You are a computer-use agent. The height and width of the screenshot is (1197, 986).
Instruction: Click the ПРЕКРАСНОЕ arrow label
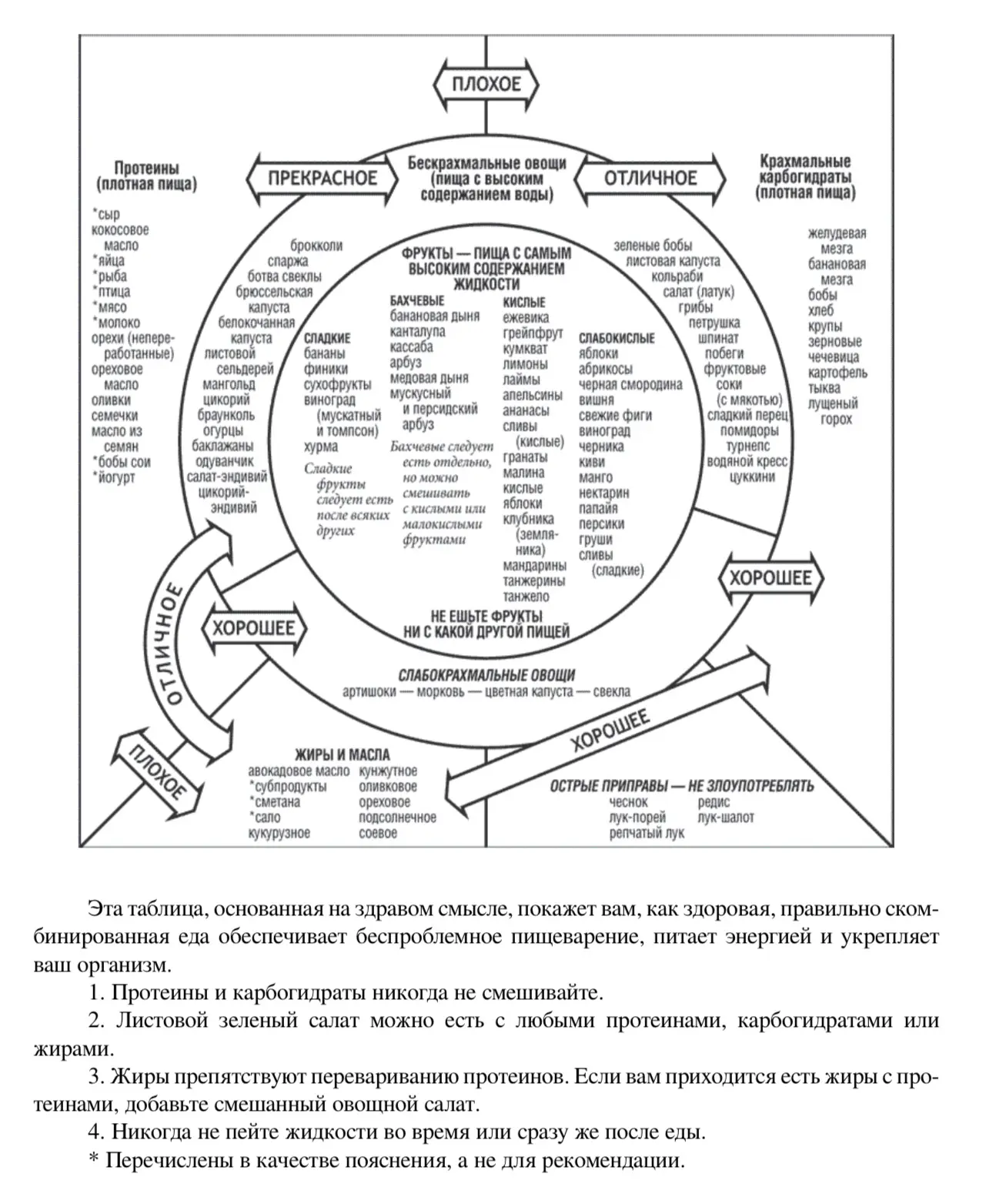click(323, 179)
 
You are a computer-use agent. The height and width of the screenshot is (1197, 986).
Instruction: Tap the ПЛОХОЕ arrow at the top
click(486, 84)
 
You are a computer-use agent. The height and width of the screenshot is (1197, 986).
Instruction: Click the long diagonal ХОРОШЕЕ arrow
click(609, 731)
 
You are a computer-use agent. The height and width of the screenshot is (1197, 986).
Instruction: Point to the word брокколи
click(317, 246)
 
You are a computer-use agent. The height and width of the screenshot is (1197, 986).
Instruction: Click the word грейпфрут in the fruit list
click(533, 333)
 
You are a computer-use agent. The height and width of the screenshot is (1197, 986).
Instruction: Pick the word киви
click(591, 462)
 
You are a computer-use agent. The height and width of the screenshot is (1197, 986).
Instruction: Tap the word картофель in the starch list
click(837, 373)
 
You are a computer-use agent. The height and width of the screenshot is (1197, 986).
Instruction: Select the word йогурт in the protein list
click(117, 477)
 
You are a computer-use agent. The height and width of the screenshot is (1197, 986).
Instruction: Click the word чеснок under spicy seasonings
click(628, 802)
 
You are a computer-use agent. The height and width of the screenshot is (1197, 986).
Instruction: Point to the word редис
click(714, 802)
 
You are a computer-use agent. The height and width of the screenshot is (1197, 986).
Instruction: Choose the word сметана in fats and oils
click(277, 802)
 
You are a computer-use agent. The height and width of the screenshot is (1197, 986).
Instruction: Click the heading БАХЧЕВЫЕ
click(417, 300)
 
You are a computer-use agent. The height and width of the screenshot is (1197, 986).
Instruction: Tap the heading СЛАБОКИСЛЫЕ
click(617, 338)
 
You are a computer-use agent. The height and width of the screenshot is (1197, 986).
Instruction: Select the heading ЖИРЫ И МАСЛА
click(342, 754)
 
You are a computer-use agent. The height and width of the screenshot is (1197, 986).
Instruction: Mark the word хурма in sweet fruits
click(321, 446)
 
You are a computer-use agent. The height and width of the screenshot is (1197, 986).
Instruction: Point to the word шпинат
click(718, 338)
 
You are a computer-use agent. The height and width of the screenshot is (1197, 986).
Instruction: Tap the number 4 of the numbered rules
click(95, 1132)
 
